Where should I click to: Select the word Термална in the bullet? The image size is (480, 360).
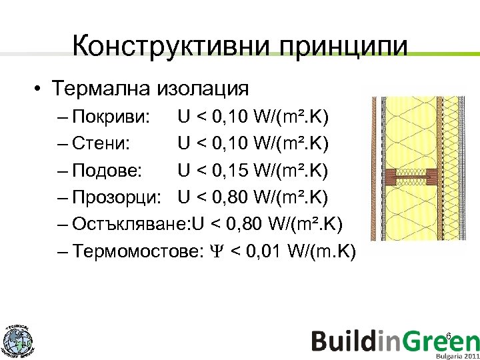(103, 88)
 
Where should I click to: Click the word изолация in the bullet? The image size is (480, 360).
(203, 88)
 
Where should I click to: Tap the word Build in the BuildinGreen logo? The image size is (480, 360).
(346, 341)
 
